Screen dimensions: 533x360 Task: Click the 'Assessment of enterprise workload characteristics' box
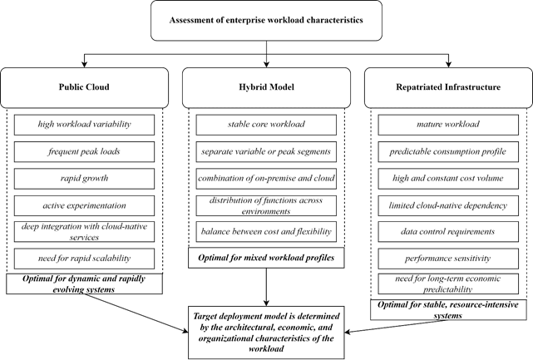tap(266, 21)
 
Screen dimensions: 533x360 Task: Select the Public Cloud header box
tap(84, 87)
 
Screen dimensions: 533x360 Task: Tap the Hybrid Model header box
tap(266, 87)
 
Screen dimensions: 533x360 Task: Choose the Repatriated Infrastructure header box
tap(448, 87)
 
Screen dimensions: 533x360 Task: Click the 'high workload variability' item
tap(84, 125)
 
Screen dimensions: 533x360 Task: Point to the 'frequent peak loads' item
tap(84, 151)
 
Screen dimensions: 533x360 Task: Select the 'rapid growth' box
tap(84, 179)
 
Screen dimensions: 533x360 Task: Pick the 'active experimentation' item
tap(84, 205)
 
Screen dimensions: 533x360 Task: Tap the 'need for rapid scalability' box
tap(84, 259)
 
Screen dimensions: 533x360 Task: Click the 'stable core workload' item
tap(266, 125)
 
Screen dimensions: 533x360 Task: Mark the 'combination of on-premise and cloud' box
tap(266, 179)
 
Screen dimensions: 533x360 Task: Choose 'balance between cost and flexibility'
tap(266, 231)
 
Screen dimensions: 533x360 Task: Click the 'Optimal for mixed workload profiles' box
tap(266, 258)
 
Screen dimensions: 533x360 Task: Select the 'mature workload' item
tap(448, 125)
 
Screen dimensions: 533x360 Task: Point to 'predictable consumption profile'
tap(448, 151)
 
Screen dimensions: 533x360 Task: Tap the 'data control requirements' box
tap(448, 231)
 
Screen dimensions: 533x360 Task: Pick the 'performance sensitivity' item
tap(448, 259)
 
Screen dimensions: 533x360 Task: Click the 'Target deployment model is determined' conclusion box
tap(266, 333)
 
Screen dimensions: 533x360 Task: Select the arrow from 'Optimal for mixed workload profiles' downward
tap(266, 288)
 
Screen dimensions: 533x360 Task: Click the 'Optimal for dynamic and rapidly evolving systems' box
tap(84, 284)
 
